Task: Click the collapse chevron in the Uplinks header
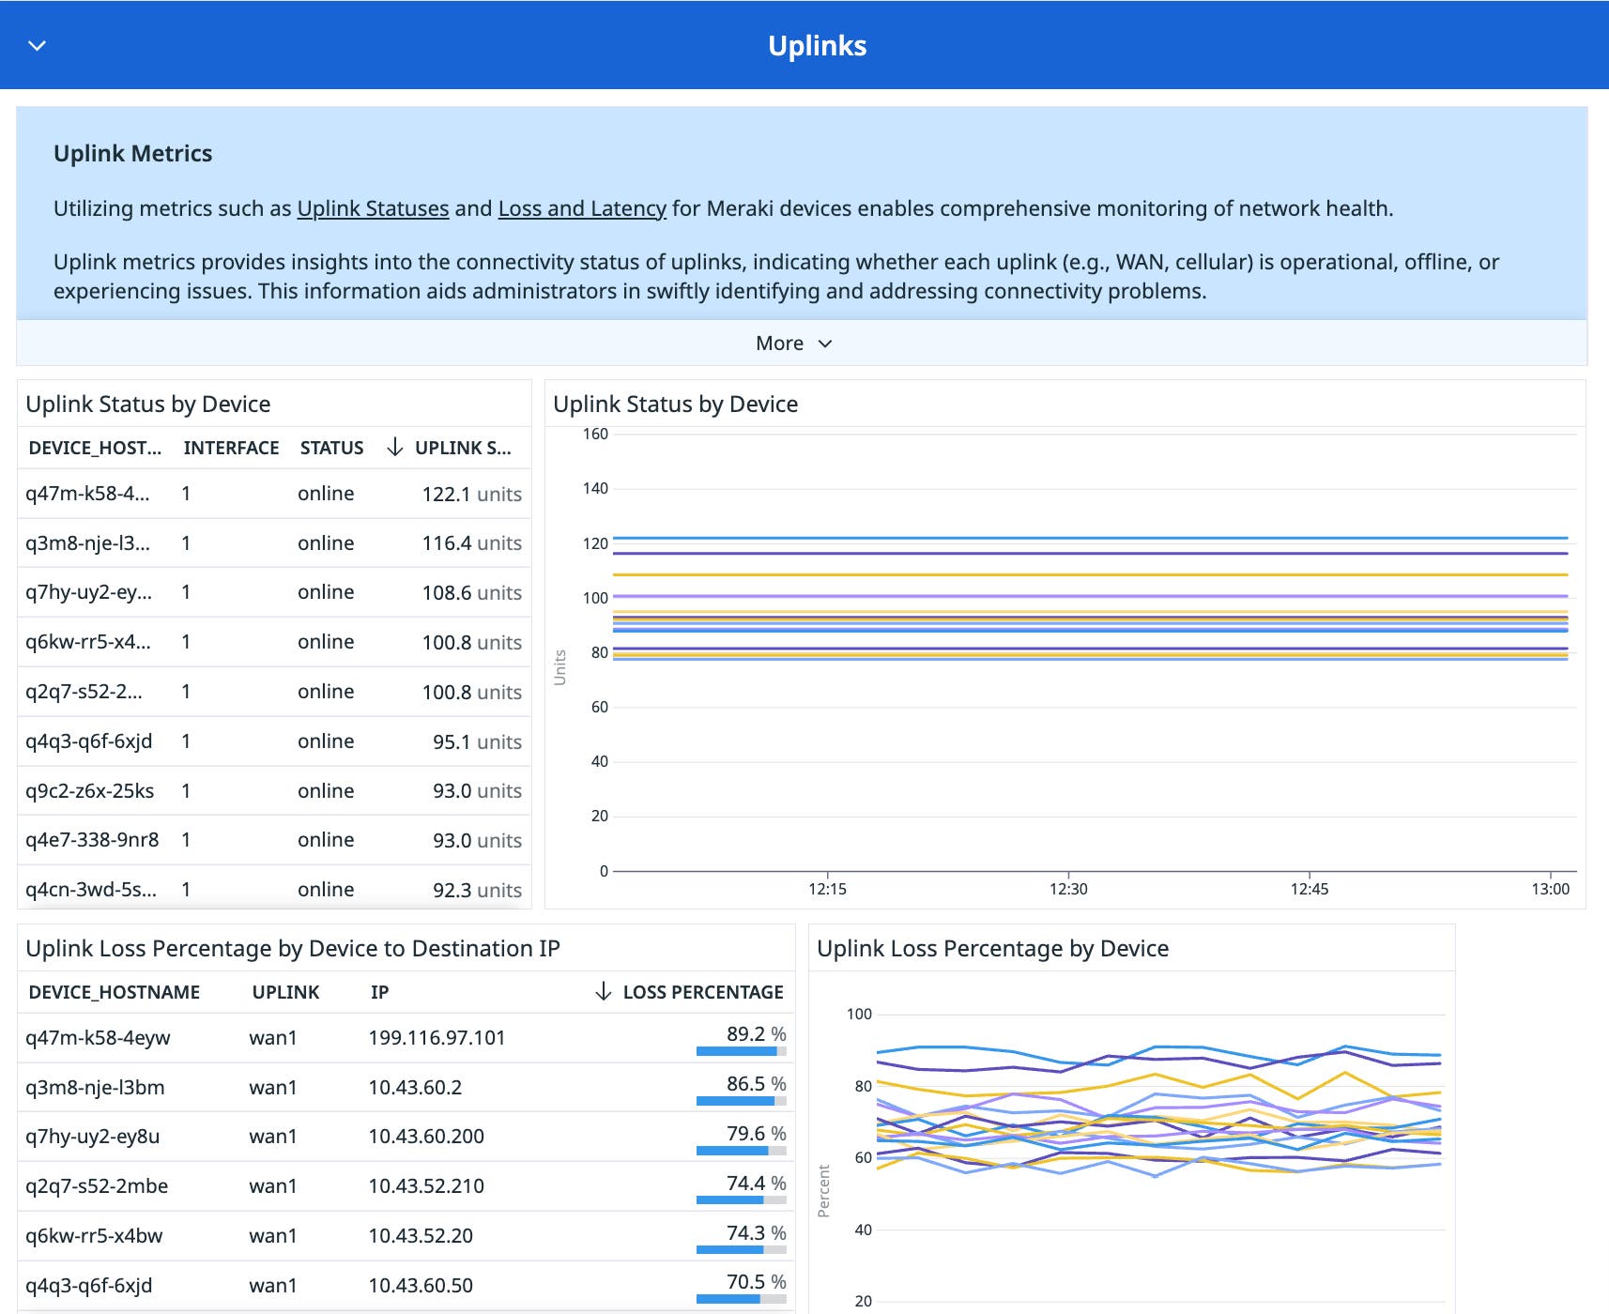coord(38,45)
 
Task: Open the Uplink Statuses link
coord(373,208)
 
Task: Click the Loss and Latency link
coord(582,208)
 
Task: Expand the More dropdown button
coord(793,344)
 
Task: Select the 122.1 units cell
coord(471,494)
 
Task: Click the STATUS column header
coord(331,448)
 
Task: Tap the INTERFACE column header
coord(231,448)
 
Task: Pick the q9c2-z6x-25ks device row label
coord(90,790)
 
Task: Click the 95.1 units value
coord(477,741)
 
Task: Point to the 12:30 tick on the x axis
coord(1068,888)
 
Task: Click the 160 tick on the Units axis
coord(595,434)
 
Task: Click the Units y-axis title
coord(560,666)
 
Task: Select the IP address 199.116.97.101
coord(437,1037)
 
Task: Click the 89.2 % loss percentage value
coord(756,1033)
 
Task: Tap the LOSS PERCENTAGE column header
coord(702,992)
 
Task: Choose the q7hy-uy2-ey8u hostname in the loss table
coord(92,1136)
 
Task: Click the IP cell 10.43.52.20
coord(421,1235)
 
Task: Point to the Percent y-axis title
coord(824,1190)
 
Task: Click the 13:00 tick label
coord(1550,888)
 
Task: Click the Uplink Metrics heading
coord(132,153)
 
